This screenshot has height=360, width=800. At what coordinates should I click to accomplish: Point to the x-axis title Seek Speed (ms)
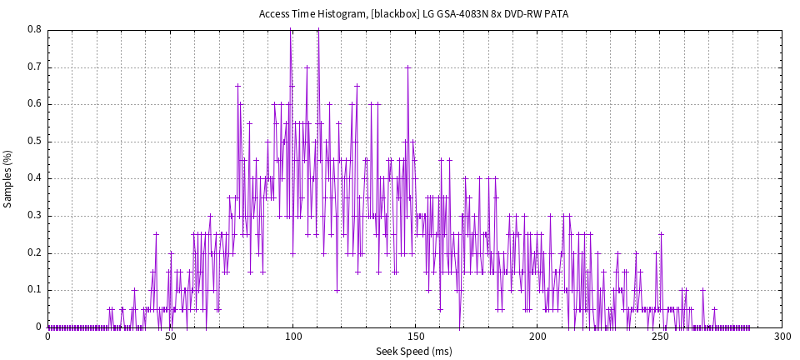click(414, 352)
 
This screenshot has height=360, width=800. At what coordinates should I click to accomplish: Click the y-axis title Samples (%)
click(8, 178)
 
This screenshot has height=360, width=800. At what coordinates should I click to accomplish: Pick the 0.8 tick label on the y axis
click(34, 29)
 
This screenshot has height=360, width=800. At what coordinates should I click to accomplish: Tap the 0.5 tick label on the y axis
click(34, 141)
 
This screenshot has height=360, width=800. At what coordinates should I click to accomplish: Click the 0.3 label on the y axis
click(34, 216)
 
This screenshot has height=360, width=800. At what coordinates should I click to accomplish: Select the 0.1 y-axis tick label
click(34, 290)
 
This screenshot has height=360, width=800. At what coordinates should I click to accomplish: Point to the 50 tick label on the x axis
click(170, 337)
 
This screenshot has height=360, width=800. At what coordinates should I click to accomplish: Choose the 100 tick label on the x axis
click(292, 337)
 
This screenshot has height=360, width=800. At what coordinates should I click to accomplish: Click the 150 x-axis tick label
click(415, 337)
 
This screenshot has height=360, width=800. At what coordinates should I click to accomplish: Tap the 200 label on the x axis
click(537, 337)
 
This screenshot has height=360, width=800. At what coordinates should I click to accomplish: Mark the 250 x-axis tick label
click(660, 337)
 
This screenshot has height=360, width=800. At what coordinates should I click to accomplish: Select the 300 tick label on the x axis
click(782, 337)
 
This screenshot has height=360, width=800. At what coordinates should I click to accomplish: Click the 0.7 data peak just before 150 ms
click(407, 67)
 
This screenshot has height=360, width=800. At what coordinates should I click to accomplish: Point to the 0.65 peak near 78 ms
click(237, 85)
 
